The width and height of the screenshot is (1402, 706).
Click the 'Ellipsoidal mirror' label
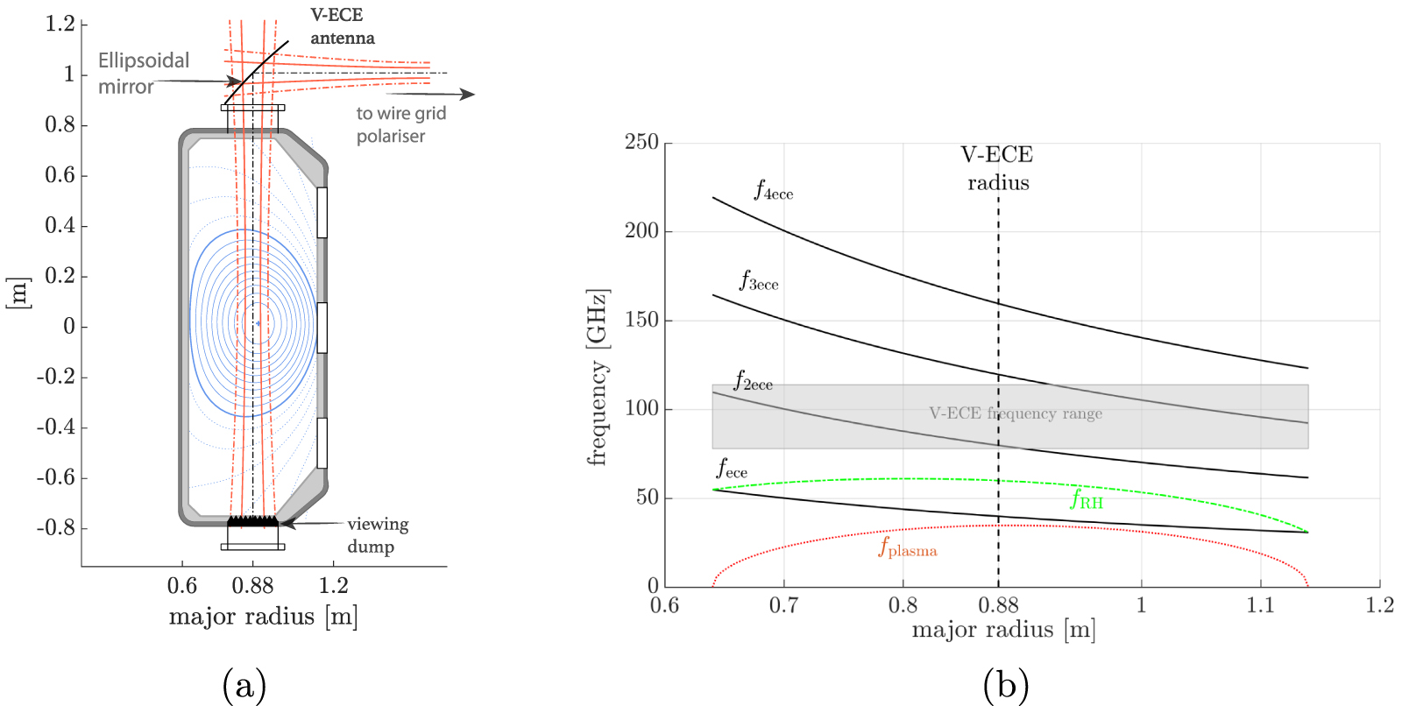click(x=143, y=74)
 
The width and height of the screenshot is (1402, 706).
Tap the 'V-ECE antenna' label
click(x=342, y=26)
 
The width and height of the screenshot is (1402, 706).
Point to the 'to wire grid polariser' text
click(x=400, y=124)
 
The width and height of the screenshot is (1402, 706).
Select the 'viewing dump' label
click(x=377, y=535)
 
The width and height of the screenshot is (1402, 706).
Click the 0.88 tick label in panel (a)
click(x=252, y=586)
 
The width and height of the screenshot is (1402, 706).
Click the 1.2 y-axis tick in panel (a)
click(x=60, y=24)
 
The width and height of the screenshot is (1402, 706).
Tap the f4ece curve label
click(x=773, y=190)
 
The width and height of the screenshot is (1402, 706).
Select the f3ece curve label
click(x=758, y=280)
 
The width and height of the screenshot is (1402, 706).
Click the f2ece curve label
click(x=753, y=381)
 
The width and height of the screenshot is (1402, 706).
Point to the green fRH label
click(x=1087, y=499)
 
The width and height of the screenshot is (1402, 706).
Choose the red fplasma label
click(x=908, y=548)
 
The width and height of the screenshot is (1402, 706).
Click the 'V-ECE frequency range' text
click(x=1016, y=413)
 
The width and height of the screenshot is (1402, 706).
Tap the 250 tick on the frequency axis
click(x=641, y=142)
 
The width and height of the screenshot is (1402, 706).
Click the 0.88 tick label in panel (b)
click(x=998, y=605)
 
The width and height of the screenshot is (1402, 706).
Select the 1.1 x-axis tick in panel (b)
click(x=1260, y=605)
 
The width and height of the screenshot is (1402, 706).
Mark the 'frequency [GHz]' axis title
click(x=598, y=377)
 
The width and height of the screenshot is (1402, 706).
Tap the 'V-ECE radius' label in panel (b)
click(x=998, y=168)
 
